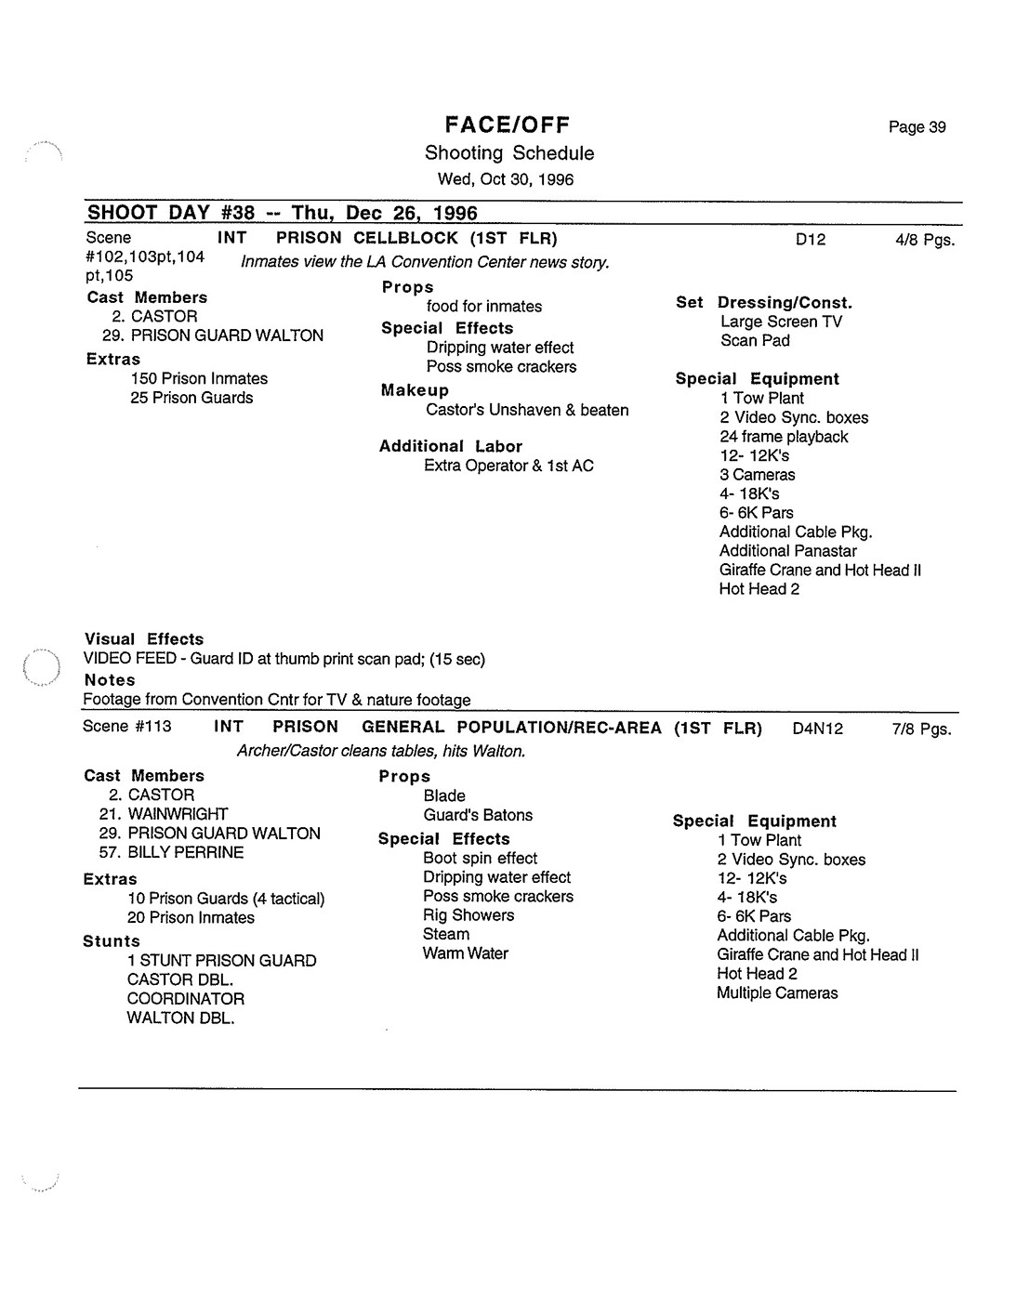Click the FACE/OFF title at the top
coord(507,125)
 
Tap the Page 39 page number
coord(917,127)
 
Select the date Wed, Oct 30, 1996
coord(506,179)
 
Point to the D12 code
coord(811,240)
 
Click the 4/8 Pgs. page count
coord(925,240)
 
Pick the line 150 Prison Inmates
coord(199,378)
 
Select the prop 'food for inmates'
coord(484,306)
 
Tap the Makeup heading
coord(415,390)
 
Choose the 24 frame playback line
coord(784,436)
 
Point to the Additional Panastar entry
coord(787,550)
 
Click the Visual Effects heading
coord(144,639)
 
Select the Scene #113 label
coord(127,726)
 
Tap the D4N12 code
coord(818,729)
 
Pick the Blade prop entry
coord(444,795)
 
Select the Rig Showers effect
coord(468,914)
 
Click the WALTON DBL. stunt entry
coord(180,1018)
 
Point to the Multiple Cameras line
coord(777,992)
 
